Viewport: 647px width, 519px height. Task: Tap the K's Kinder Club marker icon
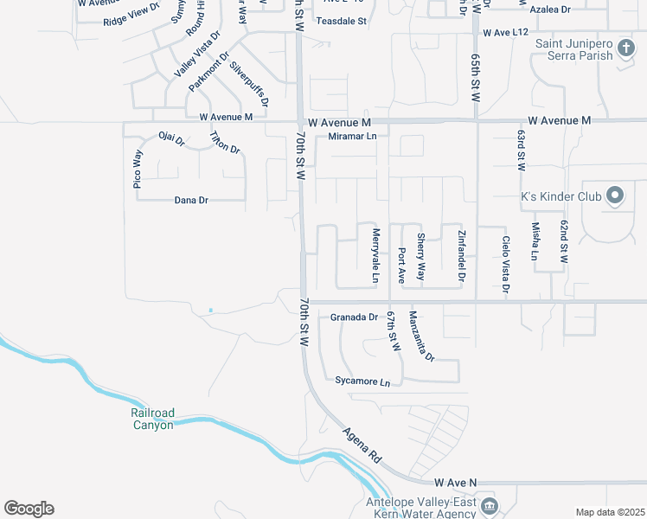615,195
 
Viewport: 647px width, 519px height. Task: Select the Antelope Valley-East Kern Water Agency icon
489,506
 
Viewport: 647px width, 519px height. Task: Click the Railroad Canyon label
152,419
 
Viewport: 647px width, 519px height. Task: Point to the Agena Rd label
361,444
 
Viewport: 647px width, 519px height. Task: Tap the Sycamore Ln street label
362,381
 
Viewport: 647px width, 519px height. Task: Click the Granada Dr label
354,317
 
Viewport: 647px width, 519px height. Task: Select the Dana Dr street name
191,200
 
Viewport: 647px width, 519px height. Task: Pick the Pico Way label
137,169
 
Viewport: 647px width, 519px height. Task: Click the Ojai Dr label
171,138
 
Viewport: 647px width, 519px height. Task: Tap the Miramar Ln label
352,137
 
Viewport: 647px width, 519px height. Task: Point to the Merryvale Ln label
376,256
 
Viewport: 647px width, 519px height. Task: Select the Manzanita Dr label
421,336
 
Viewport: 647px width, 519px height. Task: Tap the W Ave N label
456,481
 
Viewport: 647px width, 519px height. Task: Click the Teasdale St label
342,20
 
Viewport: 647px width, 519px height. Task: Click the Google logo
29,509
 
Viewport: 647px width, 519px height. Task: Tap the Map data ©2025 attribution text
609,512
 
